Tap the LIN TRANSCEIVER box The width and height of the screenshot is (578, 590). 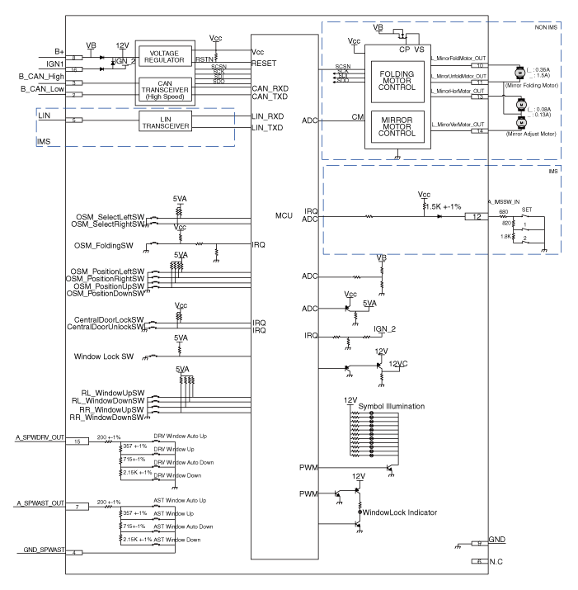[165, 122]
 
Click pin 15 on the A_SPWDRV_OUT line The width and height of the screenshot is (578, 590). [77, 441]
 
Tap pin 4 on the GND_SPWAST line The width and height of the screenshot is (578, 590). [77, 552]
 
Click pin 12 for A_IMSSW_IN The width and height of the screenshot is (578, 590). [477, 217]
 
